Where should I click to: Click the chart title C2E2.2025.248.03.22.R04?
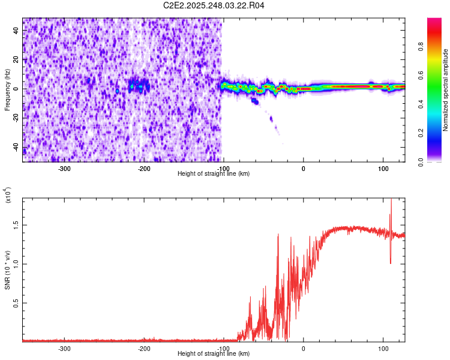click(214, 5)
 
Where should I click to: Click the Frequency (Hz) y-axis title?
click(7, 90)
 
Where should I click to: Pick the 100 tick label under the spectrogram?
click(383, 168)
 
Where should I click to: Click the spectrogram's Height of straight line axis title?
click(214, 174)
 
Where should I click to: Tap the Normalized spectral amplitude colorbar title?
click(445, 90)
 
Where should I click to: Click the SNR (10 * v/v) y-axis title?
click(8, 267)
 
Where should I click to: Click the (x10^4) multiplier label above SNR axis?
click(8, 195)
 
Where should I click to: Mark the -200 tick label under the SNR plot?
click(143, 348)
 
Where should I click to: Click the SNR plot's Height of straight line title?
click(214, 354)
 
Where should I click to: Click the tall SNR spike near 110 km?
click(391, 207)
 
